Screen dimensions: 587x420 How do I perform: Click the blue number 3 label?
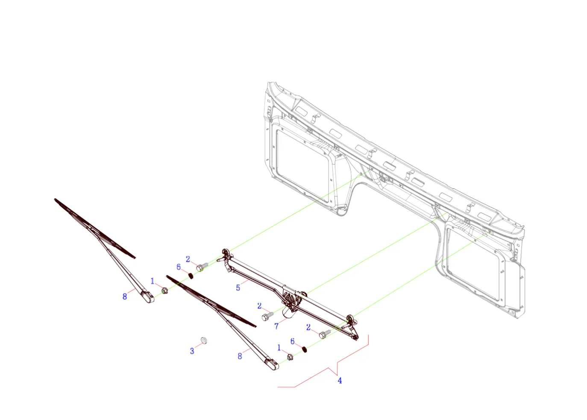192,351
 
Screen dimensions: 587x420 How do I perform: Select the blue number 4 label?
340,380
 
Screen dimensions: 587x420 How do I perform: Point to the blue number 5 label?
238,288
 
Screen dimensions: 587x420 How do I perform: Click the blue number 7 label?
276,326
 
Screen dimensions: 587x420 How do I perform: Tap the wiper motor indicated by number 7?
289,312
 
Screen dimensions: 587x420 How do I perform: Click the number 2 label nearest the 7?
259,306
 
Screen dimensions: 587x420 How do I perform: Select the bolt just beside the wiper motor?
267,316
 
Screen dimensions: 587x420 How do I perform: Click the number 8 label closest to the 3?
240,356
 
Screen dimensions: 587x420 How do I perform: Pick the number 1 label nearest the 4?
279,348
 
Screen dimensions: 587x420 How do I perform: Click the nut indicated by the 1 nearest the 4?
290,357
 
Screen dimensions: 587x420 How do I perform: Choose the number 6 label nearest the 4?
293,341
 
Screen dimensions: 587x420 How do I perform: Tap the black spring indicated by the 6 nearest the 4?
304,349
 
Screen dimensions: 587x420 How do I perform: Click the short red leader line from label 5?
245,282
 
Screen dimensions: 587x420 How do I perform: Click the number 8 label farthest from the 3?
125,297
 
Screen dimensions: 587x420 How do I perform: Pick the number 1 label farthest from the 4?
153,281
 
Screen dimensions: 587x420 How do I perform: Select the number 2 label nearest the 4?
308,327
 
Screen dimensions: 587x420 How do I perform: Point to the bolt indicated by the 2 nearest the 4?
325,334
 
